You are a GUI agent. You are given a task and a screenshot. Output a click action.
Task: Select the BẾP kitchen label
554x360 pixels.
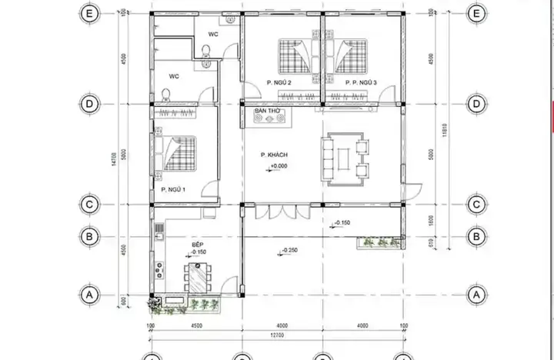coord(199,242)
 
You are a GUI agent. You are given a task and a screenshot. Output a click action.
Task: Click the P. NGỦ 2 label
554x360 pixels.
coord(279,82)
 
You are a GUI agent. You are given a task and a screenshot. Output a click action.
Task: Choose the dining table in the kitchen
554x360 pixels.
coord(198,277)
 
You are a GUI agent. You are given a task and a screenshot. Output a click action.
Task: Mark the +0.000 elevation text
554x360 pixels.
coord(279,166)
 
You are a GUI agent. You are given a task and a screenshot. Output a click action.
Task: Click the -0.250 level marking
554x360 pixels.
coord(290,251)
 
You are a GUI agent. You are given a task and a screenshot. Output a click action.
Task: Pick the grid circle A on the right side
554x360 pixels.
coord(476,295)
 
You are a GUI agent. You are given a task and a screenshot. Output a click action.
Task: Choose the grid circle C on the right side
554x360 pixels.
coord(476,205)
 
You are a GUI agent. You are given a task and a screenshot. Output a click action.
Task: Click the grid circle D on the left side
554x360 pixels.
coord(90,103)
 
